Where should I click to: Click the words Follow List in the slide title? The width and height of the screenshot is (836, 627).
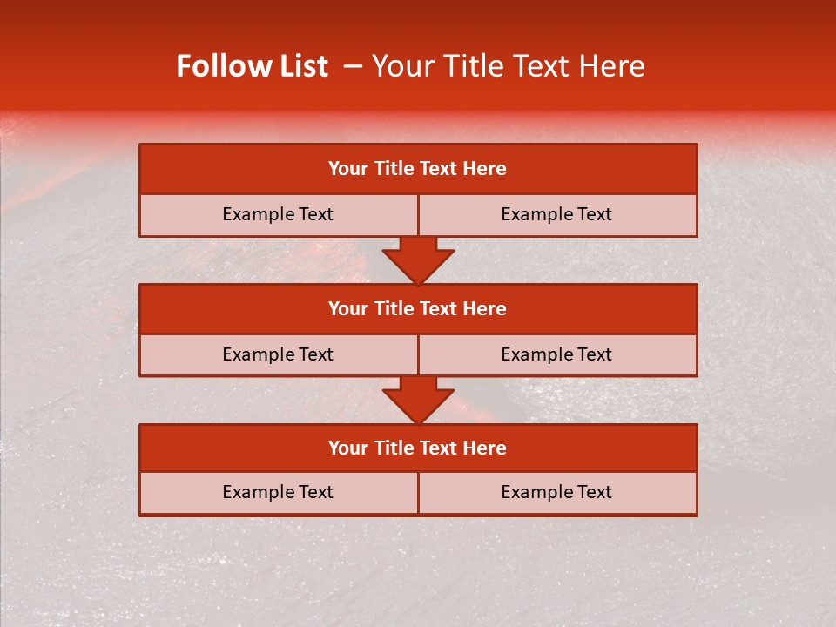click(252, 66)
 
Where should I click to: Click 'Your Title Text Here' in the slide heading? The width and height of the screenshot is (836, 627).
click(508, 66)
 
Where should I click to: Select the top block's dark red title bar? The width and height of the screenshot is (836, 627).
click(418, 169)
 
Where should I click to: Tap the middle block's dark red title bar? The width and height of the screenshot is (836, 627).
click(418, 309)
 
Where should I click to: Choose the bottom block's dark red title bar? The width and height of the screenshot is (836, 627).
click(418, 448)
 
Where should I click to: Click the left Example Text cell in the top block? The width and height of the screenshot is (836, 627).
click(278, 215)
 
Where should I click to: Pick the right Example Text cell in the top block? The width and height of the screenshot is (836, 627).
click(556, 215)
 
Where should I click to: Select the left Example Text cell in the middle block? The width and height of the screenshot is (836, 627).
click(278, 355)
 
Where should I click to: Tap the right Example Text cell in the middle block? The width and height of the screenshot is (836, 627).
click(556, 355)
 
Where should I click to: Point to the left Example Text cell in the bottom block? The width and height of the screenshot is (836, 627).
click(278, 493)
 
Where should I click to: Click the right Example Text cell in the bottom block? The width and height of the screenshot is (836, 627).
click(556, 493)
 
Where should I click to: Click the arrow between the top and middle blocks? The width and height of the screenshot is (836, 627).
click(418, 260)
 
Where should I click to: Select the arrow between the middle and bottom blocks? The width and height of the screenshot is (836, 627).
click(418, 400)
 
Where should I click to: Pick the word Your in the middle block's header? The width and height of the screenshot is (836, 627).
click(348, 309)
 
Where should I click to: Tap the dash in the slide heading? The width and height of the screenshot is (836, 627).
click(354, 66)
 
